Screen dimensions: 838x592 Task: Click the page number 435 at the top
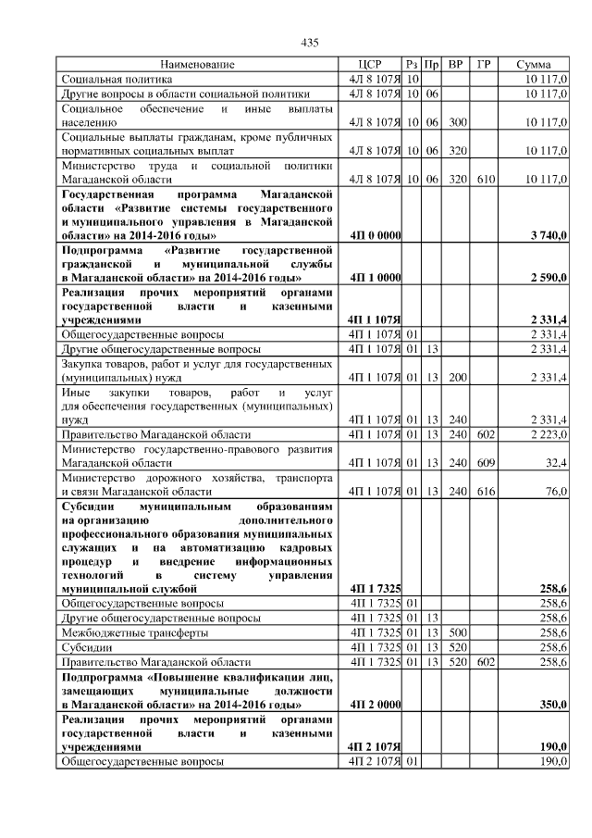(310, 44)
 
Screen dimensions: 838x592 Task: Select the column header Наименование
(197, 65)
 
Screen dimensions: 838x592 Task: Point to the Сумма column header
(534, 65)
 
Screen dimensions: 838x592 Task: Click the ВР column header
(455, 65)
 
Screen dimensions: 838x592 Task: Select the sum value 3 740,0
(549, 236)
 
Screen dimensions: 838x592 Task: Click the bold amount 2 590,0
(549, 278)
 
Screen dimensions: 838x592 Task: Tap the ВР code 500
(456, 632)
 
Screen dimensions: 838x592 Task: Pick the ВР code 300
(456, 121)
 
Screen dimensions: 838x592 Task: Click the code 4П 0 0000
(375, 236)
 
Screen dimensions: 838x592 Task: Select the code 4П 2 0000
(375, 704)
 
